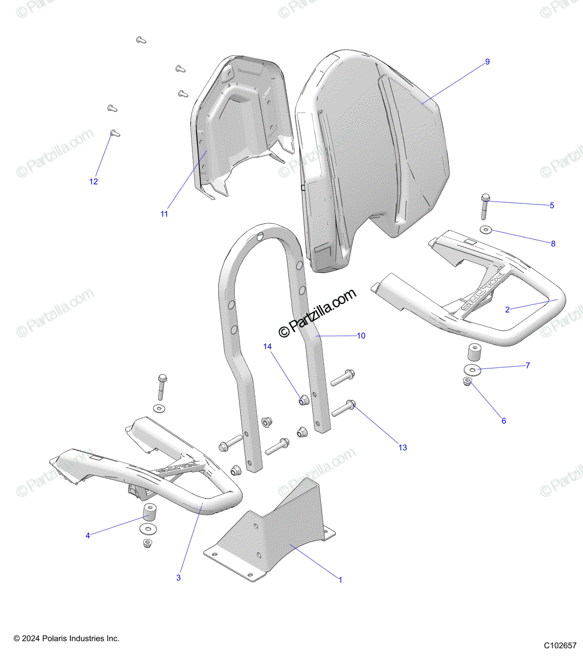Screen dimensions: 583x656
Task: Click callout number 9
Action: click(487, 62)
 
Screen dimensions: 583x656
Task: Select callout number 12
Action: click(94, 181)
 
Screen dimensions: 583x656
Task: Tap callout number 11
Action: click(164, 214)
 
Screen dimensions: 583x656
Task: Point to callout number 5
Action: click(552, 206)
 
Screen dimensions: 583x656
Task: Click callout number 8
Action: click(553, 244)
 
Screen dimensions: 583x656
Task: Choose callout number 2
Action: click(508, 310)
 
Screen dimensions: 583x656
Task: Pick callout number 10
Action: click(361, 336)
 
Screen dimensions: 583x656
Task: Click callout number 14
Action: click(267, 347)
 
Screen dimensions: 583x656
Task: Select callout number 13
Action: click(403, 448)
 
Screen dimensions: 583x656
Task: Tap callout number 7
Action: click(528, 365)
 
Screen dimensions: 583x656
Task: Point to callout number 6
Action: click(504, 421)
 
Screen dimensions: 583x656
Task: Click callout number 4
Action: click(88, 536)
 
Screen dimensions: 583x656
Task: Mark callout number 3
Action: click(178, 577)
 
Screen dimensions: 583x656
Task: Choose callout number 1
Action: click(340, 579)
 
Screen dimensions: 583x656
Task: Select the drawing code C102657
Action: click(561, 645)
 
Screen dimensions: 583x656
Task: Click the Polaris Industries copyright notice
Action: click(66, 639)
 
